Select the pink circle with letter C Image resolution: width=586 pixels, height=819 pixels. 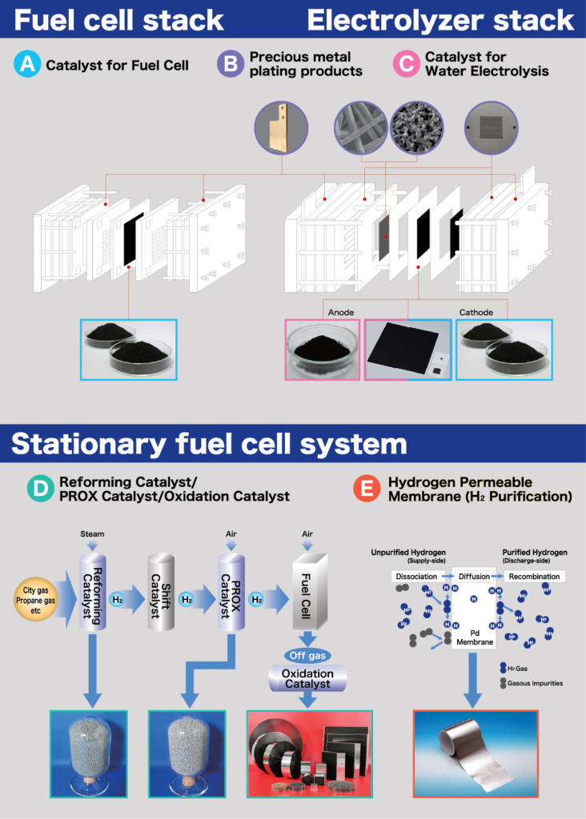[x=407, y=65]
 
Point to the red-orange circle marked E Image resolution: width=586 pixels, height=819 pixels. [x=367, y=489]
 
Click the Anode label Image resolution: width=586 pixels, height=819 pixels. [x=340, y=313]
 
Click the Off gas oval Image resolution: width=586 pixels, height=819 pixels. [x=307, y=655]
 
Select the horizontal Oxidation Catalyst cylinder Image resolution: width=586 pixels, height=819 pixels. [x=307, y=679]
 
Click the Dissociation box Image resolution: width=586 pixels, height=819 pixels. [x=419, y=576]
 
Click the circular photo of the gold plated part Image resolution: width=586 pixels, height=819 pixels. [x=281, y=126]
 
